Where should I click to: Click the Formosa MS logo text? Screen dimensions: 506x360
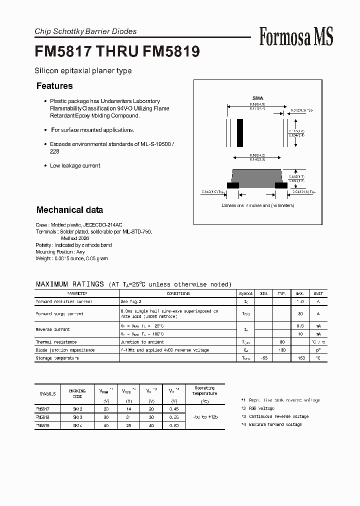tap(296, 36)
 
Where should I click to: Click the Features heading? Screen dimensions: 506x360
tap(54, 86)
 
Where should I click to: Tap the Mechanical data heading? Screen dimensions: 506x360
tap(69, 210)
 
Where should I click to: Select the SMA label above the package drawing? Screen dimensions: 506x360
tap(257, 98)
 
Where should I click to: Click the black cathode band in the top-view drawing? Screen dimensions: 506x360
tap(240, 133)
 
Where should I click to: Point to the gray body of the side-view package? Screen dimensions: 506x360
tap(257, 176)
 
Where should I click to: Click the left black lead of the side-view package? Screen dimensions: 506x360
tap(233, 185)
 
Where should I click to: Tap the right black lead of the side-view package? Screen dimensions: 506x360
tap(281, 185)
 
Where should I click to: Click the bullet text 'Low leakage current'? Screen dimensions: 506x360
tap(75, 165)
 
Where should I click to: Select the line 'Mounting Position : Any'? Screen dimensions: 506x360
tap(60, 252)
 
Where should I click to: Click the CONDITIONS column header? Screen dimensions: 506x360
tap(178, 294)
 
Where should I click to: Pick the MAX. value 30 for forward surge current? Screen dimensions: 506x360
tap(300, 313)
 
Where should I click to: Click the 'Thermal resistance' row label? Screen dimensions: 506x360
tap(55, 342)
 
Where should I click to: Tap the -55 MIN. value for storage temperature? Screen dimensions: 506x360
tap(264, 358)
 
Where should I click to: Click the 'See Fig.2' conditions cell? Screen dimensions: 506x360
tap(131, 302)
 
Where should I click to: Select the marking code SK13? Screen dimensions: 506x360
tap(77, 416)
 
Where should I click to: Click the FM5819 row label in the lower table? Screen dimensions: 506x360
tap(42, 424)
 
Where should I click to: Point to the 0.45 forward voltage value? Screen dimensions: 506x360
tap(173, 408)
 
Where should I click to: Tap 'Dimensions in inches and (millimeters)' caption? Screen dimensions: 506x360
tap(258, 205)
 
